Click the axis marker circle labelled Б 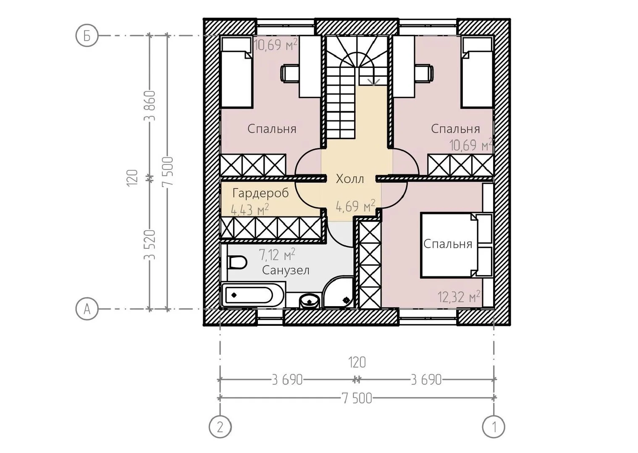87,36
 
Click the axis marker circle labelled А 87,309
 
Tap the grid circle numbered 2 220,427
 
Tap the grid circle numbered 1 494,427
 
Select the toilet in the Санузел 237,263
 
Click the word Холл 350,179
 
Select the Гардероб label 260,193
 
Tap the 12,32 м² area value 459,297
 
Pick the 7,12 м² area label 277,254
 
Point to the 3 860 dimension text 150,106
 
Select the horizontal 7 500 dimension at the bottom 357,398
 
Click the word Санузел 286,270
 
